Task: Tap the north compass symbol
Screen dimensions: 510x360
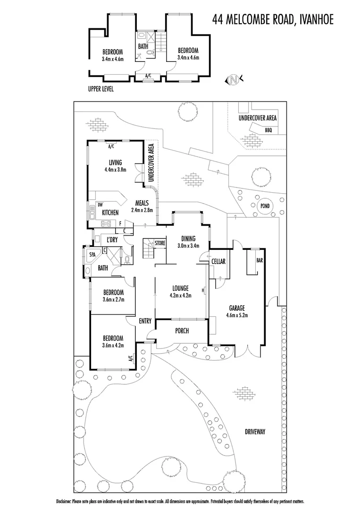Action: coord(234,80)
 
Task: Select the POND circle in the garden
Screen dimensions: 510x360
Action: coord(264,206)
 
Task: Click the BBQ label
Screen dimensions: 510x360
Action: coord(269,130)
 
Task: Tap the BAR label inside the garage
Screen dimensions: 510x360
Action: coord(259,260)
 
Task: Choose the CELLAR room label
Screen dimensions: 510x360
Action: coord(218,261)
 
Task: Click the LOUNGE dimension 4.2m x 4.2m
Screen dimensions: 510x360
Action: coord(180,297)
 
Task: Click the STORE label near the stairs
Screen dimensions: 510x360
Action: coord(160,243)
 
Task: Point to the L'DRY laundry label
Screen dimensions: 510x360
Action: coord(112,240)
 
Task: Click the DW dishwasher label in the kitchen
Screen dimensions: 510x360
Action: coord(100,204)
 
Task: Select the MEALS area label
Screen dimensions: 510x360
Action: coord(142,203)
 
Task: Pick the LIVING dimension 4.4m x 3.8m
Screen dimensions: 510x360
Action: coord(116,170)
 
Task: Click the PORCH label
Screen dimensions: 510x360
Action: coord(182,331)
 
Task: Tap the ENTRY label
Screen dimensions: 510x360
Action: coord(145,321)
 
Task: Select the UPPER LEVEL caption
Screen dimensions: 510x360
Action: coord(101,88)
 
